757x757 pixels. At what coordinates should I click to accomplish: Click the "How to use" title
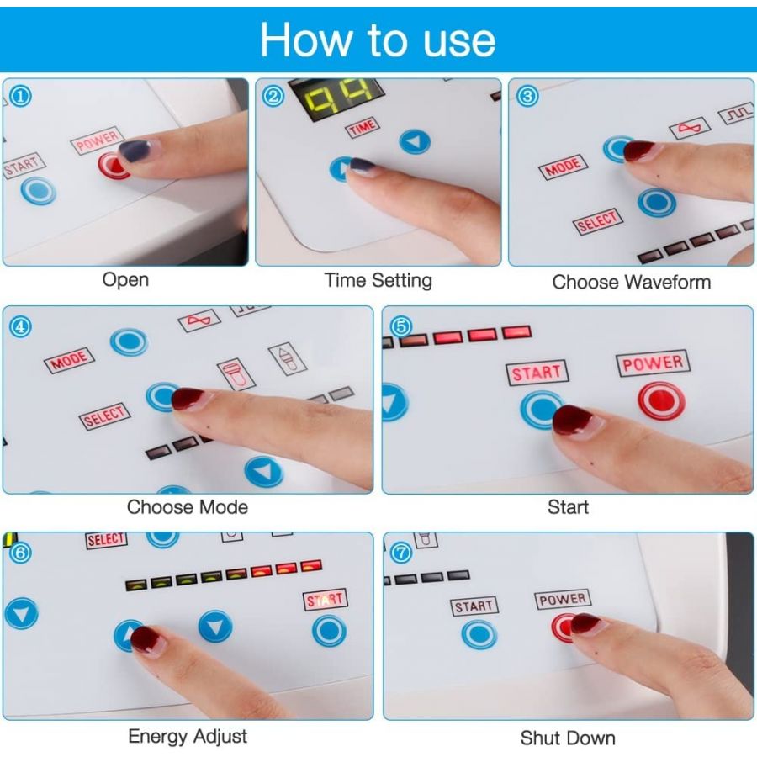[378, 40]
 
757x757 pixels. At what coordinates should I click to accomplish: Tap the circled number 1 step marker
[21, 96]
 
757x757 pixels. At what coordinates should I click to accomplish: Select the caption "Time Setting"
[378, 280]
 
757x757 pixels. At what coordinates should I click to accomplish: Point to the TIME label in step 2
[363, 128]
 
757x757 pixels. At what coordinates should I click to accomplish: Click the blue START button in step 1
[38, 190]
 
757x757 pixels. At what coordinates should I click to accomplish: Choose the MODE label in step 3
[563, 167]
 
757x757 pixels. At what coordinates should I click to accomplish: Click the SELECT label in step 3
[598, 221]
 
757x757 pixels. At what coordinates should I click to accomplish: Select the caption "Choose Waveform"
[632, 282]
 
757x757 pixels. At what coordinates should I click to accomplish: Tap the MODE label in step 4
[70, 360]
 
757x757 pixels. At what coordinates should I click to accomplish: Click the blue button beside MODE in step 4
[129, 342]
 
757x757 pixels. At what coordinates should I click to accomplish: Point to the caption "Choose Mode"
[188, 507]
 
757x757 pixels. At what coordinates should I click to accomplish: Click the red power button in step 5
[661, 400]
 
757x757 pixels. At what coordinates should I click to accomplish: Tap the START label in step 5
[537, 373]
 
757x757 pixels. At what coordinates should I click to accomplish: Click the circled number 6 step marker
[21, 553]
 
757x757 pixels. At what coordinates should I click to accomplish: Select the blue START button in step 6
[329, 631]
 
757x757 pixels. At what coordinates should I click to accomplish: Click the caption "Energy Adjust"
[188, 736]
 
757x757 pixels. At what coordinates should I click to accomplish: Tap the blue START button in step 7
[479, 634]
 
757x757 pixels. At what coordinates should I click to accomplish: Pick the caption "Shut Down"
[568, 738]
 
